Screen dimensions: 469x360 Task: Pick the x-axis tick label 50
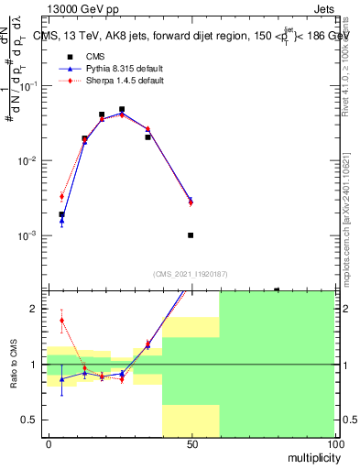click(191, 442)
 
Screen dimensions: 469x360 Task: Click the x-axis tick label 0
click(48, 442)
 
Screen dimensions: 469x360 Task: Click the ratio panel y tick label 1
click(34, 365)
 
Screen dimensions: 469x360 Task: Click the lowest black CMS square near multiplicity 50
click(191, 235)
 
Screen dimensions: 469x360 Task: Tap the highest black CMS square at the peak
click(122, 109)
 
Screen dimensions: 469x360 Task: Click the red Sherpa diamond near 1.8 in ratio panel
click(61, 321)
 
